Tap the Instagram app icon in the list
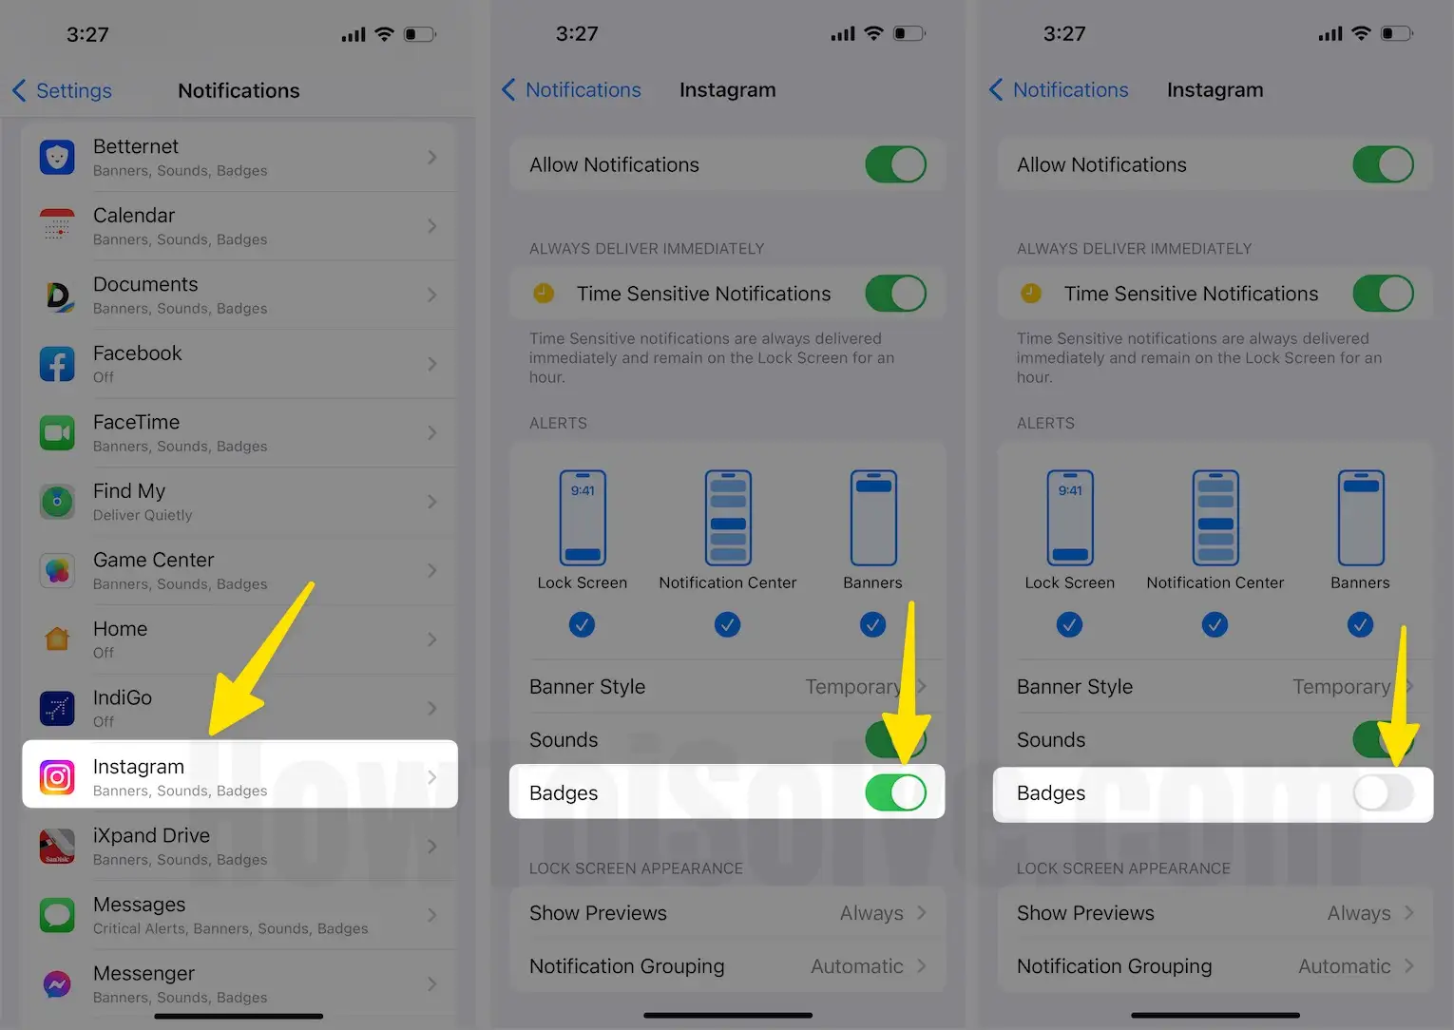57,777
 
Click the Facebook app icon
57,364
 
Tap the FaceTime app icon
57,432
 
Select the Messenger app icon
57,984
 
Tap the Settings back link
63,90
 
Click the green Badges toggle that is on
895,792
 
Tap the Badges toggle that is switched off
1383,792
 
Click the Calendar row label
134,215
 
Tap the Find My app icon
57,502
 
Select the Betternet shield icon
57,157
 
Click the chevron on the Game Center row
432,570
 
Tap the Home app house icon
57,639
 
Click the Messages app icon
57,915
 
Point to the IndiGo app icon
57,708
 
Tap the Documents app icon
57,295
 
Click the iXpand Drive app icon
57,847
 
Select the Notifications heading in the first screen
239,90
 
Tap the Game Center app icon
57,570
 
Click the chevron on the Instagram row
432,777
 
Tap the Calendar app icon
57,226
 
